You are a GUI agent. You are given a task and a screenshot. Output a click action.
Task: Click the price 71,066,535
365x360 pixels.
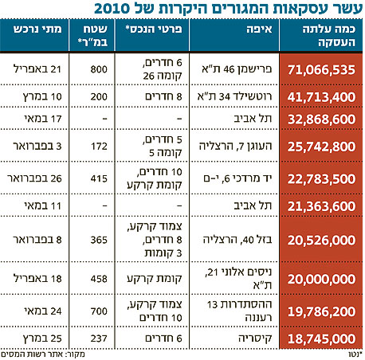pos(321,70)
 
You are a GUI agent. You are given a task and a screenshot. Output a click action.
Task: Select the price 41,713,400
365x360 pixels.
pos(321,97)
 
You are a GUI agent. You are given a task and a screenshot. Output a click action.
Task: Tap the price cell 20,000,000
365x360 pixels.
pos(321,279)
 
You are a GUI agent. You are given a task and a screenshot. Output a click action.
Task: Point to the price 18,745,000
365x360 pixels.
pos(321,338)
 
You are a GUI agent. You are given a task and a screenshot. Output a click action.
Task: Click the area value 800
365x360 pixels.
pos(99,69)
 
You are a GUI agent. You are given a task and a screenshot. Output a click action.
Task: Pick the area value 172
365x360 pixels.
pos(99,146)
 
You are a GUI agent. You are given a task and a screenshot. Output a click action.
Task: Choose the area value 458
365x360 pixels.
pos(99,279)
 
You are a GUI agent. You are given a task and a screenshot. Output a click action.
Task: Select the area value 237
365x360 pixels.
pos(99,338)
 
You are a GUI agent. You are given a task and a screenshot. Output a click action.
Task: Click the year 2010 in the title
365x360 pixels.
pos(112,9)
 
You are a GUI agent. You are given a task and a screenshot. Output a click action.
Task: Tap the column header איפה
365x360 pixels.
pos(259,29)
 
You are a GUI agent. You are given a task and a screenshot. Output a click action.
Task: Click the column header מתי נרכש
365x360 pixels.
pos(37,29)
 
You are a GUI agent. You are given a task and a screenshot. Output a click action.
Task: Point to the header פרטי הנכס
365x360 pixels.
pos(154,29)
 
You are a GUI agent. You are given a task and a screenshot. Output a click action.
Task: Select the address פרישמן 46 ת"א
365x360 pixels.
pos(237,69)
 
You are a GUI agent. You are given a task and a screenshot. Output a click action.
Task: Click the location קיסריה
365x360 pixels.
pos(255,338)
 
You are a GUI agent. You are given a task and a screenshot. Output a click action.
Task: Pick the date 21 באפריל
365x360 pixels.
pos(37,69)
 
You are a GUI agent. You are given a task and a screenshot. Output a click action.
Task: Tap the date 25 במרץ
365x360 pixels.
pos(42,338)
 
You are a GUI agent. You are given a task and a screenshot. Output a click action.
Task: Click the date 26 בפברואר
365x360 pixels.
pos(34,178)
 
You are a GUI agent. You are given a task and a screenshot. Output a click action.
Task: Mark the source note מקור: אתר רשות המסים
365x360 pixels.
pos(43,354)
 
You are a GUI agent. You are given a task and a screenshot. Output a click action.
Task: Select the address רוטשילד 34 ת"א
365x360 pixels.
pos(234,96)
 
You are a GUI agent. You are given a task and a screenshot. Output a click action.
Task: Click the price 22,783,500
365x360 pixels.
pos(321,179)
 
